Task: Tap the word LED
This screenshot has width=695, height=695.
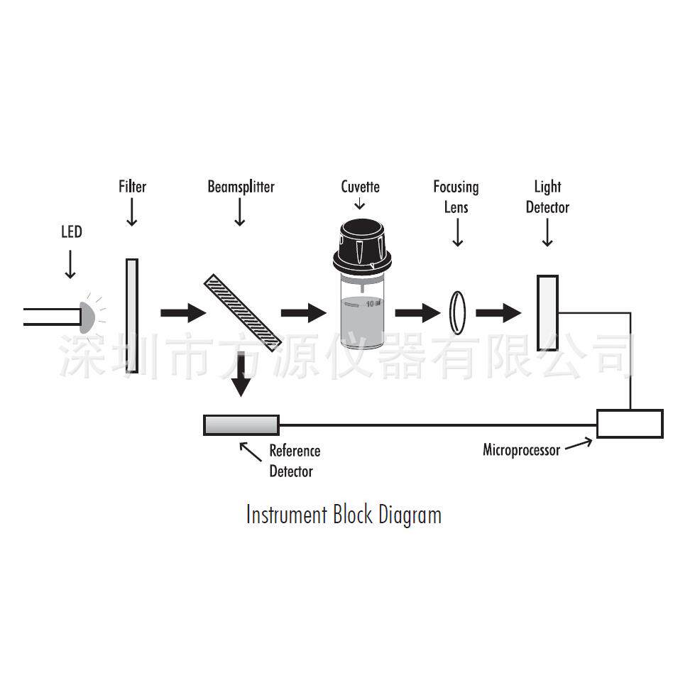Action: click(72, 232)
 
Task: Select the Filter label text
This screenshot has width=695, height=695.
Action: click(132, 187)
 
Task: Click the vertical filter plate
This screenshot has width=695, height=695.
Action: click(132, 316)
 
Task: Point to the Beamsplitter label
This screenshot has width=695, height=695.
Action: click(241, 187)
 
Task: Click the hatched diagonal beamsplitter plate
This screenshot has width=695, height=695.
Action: click(243, 313)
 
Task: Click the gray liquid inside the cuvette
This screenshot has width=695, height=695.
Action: click(362, 322)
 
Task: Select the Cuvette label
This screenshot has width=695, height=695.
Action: click(361, 187)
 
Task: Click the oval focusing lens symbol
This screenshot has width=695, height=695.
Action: click(458, 312)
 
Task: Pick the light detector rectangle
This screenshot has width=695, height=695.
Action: click(547, 313)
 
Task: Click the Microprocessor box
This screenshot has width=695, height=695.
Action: click(630, 424)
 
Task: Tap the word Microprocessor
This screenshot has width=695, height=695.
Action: click(521, 450)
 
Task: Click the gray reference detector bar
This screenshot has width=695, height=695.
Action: click(241, 425)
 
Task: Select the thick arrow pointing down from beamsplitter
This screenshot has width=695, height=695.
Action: click(241, 374)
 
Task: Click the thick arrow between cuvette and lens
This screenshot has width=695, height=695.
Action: click(417, 313)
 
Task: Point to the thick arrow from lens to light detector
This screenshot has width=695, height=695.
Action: click(498, 313)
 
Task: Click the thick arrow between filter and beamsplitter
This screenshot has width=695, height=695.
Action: click(183, 313)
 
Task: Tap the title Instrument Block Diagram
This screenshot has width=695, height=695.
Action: click(344, 515)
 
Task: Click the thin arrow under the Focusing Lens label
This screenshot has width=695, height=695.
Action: click(458, 232)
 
